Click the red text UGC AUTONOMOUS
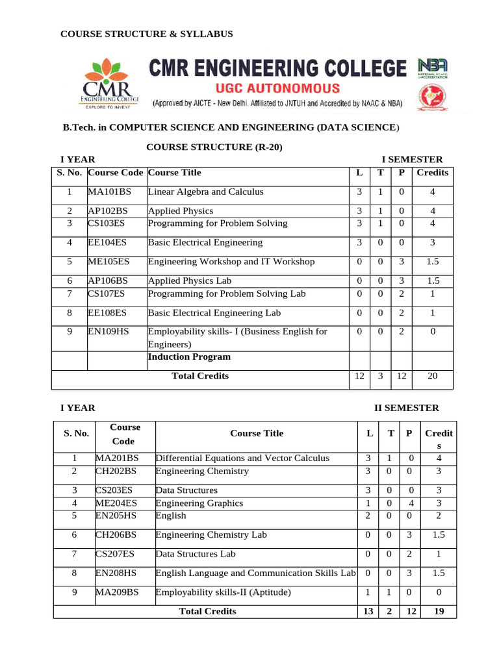pyautogui.click(x=277, y=88)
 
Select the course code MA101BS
pyautogui.click(x=109, y=192)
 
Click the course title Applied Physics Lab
pyautogui.click(x=190, y=281)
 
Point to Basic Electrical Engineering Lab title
pyautogui.click(x=214, y=312)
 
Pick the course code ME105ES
pyautogui.click(x=110, y=262)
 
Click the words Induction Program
pyautogui.click(x=189, y=357)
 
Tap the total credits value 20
pyautogui.click(x=432, y=376)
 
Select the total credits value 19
pyautogui.click(x=439, y=611)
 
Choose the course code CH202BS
pyautogui.click(x=117, y=471)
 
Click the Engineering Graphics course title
pyautogui.click(x=199, y=503)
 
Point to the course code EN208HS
pyautogui.click(x=117, y=573)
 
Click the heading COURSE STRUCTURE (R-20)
pyautogui.click(x=214, y=147)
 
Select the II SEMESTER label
pyautogui.click(x=406, y=408)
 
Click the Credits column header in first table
pyautogui.click(x=432, y=173)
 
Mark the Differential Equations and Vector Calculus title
pyautogui.click(x=242, y=458)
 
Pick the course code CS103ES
pyautogui.click(x=109, y=223)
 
